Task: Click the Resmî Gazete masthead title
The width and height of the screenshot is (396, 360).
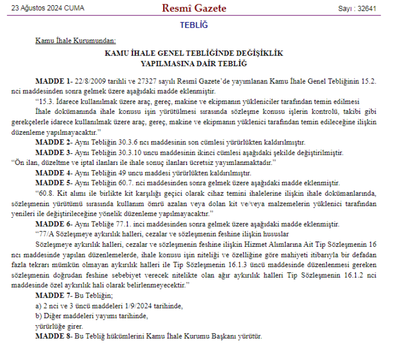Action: tap(194, 8)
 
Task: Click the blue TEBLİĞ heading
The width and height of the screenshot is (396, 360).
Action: tap(194, 25)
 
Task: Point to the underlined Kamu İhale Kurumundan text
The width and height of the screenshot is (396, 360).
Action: tap(76, 40)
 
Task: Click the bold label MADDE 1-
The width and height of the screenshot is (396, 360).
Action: tap(53, 82)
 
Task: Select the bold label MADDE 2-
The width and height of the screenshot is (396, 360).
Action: tap(53, 142)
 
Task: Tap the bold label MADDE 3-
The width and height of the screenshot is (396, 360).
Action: tap(53, 151)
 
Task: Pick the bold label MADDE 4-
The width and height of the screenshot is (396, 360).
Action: tap(53, 173)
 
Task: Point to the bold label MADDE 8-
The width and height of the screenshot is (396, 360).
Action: tap(53, 336)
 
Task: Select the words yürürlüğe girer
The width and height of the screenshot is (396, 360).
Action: tap(60, 327)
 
